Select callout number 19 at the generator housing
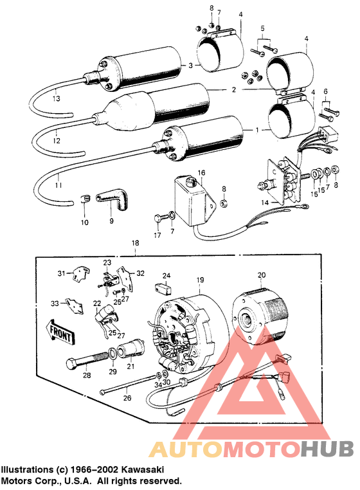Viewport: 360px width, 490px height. pos(200,280)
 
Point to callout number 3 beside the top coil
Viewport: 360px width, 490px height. pos(190,66)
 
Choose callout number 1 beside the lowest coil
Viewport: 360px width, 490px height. pos(257,129)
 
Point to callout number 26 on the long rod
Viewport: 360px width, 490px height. pos(127,398)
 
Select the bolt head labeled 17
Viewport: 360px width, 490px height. pos(159,219)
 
